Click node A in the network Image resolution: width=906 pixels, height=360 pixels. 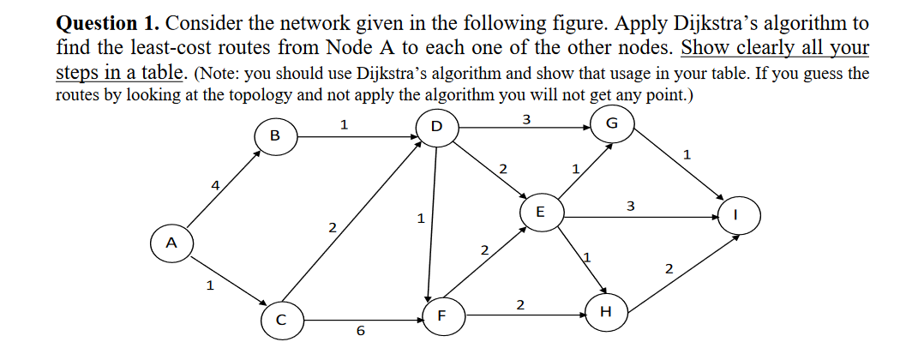pyautogui.click(x=171, y=243)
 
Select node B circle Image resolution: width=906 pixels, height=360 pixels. pyautogui.click(x=274, y=135)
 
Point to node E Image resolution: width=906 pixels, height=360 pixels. pyautogui.click(x=540, y=211)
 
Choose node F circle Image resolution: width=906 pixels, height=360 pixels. pyautogui.click(x=441, y=315)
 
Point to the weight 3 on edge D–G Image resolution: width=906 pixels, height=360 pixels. pyautogui.click(x=525, y=119)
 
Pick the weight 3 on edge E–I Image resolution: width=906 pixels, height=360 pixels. pyautogui.click(x=631, y=206)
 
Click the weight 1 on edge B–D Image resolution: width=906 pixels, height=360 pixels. pyautogui.click(x=344, y=125)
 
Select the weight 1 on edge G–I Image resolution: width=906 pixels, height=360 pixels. pyautogui.click(x=687, y=155)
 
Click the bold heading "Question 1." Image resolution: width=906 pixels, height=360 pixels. pyautogui.click(x=104, y=22)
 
